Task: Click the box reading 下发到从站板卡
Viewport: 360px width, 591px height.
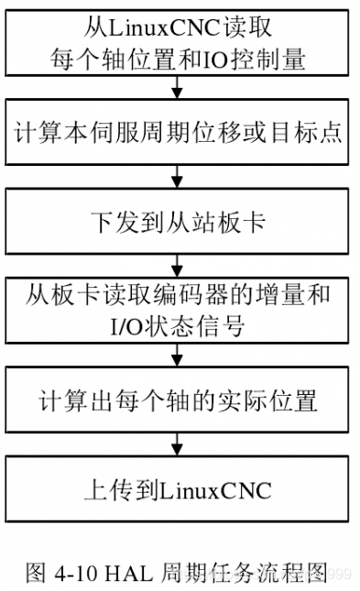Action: coord(178,221)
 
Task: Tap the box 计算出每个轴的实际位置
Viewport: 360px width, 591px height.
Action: coord(178,400)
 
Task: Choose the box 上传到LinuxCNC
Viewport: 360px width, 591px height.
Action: coord(178,490)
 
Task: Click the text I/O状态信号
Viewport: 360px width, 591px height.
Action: coord(178,324)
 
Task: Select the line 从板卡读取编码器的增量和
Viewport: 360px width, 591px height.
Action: coord(178,296)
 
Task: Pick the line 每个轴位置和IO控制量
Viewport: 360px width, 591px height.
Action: coord(178,58)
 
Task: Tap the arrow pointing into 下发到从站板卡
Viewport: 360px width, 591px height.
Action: coord(178,177)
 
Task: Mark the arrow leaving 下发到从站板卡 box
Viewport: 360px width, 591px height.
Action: coord(178,266)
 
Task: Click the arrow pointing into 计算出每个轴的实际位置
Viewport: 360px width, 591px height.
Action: coord(178,356)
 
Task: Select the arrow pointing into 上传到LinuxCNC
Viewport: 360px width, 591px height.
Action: coord(178,445)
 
